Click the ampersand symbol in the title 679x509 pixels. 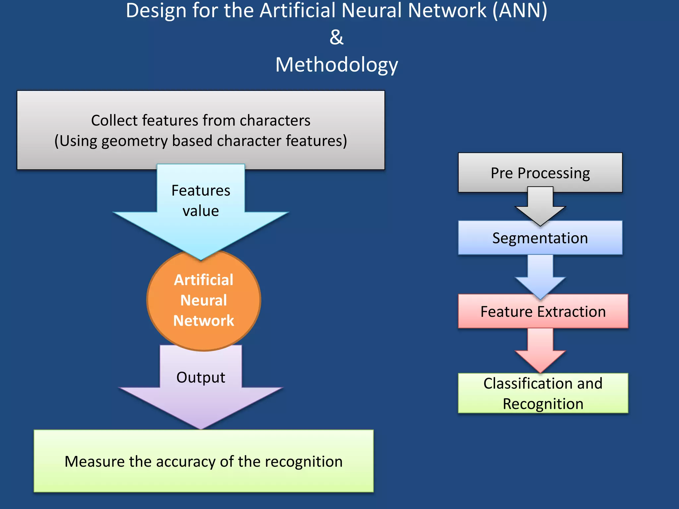[337, 37]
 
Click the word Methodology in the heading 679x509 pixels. [337, 65]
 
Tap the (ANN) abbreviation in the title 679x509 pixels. [520, 11]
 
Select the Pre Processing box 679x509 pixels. [540, 173]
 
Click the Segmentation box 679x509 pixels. [540, 238]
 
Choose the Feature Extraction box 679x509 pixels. [543, 311]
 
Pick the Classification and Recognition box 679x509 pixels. [543, 393]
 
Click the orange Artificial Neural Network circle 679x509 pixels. [204, 300]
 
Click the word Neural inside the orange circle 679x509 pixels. [204, 300]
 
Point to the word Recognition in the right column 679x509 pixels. [543, 404]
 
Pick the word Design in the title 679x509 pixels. [156, 11]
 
